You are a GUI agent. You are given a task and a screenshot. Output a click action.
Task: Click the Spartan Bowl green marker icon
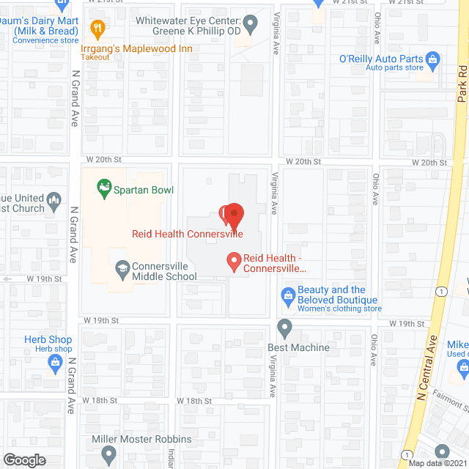106,189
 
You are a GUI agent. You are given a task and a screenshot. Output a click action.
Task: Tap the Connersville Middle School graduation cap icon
121,270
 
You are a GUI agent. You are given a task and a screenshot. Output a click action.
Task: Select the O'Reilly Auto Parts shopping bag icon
432,59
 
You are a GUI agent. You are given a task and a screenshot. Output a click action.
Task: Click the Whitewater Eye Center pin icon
251,26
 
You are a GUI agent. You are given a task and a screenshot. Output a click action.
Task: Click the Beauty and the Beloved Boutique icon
288,295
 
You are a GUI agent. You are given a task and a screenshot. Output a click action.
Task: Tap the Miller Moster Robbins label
141,440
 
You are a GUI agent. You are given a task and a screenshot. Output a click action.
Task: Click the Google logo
23,459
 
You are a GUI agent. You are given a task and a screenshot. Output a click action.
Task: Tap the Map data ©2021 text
437,463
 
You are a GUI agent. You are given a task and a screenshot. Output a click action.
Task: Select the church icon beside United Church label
53,199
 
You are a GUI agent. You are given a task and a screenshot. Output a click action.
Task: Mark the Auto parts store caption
394,68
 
